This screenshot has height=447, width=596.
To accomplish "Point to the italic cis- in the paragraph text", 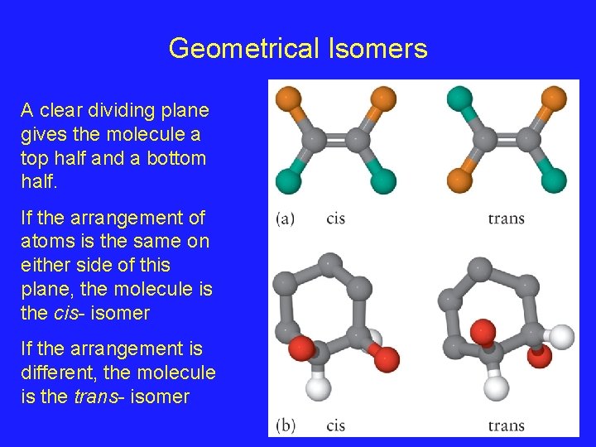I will (57, 313).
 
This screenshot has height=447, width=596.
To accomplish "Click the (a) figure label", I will (285, 219).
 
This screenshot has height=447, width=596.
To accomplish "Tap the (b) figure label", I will (285, 425).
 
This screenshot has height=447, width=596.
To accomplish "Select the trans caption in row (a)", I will (506, 219).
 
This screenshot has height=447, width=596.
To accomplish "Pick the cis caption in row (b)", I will (336, 425).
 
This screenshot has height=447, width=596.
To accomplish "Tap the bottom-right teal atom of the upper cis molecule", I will (383, 180).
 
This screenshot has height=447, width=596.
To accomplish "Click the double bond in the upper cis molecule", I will (336, 138).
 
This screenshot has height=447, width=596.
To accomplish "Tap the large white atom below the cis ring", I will (319, 386).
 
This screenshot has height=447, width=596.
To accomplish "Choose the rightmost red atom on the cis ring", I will (386, 359).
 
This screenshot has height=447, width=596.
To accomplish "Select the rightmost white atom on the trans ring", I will (561, 336).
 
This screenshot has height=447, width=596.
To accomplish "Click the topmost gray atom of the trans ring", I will (480, 269).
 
